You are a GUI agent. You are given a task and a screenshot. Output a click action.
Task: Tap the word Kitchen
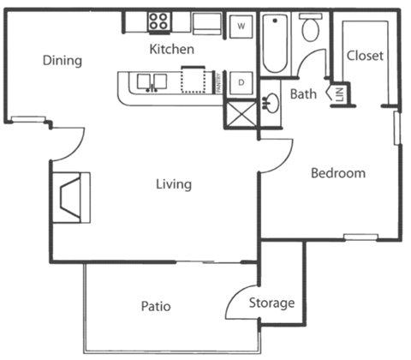pos(171,50)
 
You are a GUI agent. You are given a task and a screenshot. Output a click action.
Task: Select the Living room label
pos(174,184)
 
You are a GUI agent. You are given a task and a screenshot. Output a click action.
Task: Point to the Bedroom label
pos(337,173)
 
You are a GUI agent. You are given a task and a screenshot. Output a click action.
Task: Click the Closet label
pos(364,56)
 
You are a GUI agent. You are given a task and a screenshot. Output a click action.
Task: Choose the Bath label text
pos(304,93)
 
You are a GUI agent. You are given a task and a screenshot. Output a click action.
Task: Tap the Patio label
pos(157,306)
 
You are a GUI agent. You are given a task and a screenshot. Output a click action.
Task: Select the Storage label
pos(271,303)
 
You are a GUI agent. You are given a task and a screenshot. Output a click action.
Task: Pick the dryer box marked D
pos(241,82)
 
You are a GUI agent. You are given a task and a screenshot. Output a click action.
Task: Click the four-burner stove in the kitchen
pos(158,23)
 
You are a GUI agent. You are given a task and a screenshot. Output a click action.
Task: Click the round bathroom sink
pos(272,104)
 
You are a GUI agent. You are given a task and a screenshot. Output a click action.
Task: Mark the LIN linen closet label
pos(338,93)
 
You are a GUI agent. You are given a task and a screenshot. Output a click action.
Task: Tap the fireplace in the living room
pos(71,195)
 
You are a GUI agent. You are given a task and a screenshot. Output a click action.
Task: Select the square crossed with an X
pos(240,114)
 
